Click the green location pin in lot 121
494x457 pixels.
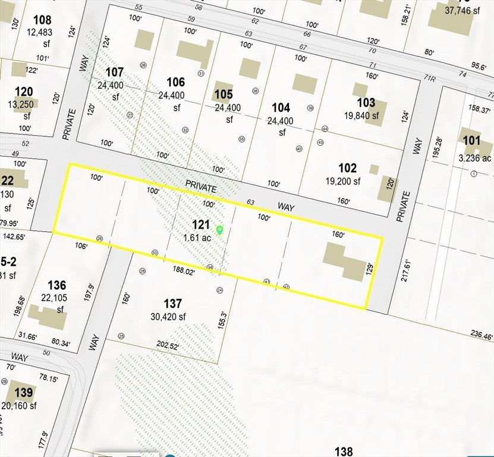219,230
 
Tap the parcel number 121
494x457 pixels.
202,224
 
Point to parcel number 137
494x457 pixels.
172,304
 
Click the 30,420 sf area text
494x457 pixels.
168,317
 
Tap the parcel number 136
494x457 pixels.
56,286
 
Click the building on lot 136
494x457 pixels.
48,317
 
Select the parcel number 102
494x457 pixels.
348,168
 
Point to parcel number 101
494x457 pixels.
471,140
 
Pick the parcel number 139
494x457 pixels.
24,393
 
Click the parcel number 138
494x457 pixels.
344,451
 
